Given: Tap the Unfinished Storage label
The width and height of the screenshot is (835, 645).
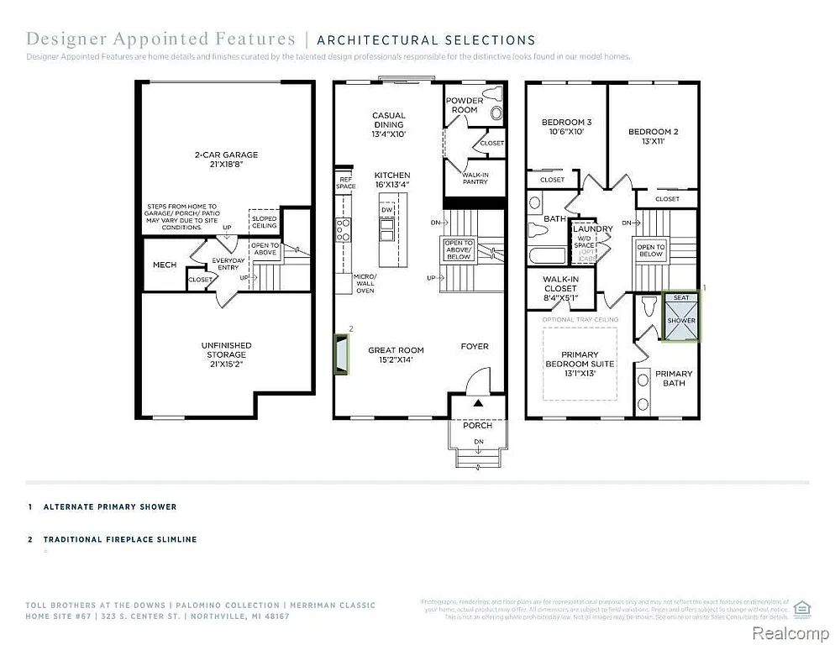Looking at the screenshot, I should [x=226, y=350].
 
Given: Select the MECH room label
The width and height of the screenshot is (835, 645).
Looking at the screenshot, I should [x=165, y=265].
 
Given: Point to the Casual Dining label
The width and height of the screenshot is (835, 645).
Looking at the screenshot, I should [x=389, y=120].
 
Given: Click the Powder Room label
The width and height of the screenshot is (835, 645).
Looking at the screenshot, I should [x=464, y=105].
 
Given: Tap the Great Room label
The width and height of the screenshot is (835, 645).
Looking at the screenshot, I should [x=396, y=354].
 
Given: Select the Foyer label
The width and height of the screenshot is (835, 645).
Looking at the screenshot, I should [x=474, y=346].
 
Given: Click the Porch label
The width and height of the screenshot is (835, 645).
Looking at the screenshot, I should [x=478, y=425].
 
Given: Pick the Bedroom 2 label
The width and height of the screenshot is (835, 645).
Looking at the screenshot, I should [x=653, y=136].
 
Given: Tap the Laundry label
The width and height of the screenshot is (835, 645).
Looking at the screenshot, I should [x=591, y=228].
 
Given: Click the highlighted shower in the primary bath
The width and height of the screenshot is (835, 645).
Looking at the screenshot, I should [x=681, y=318].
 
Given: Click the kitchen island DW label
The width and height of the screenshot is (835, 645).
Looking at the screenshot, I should [x=386, y=210].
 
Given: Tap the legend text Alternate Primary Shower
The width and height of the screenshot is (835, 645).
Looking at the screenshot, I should [x=110, y=507].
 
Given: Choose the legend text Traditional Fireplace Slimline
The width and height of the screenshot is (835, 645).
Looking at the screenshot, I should [x=120, y=539].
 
